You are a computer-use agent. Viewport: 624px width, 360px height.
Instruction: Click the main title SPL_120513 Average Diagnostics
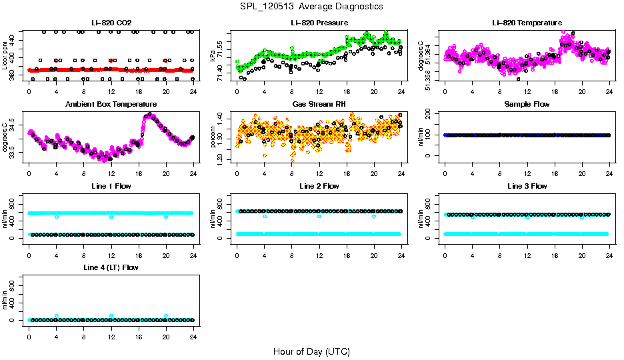point(312,6)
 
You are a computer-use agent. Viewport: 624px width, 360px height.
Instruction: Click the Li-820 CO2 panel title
point(111,23)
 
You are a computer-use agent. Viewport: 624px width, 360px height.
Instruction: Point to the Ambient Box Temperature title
point(111,105)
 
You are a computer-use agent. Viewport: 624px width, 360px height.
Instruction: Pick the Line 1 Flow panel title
point(111,186)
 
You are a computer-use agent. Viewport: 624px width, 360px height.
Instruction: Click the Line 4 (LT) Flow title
point(111,267)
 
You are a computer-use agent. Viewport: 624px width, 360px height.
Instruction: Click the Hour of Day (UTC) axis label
point(311,351)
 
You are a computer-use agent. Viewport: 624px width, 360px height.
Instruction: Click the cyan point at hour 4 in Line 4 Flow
point(57,316)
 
